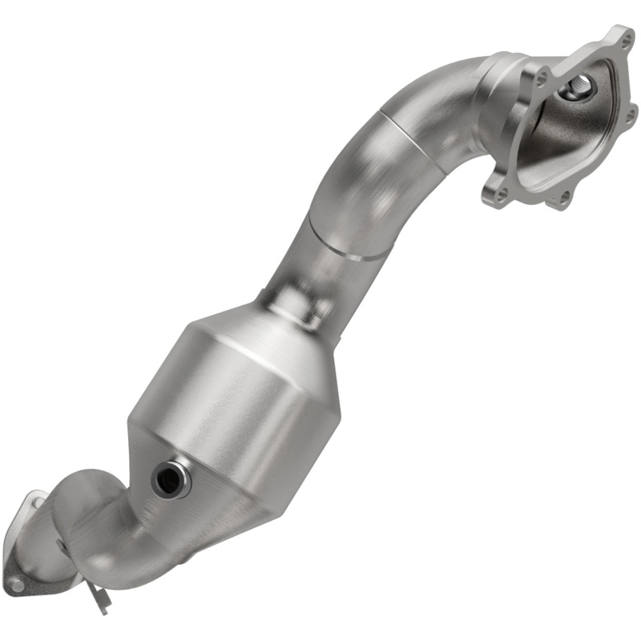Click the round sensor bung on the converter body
[170, 478]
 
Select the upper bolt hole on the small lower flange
[37, 502]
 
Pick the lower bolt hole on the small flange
[18, 586]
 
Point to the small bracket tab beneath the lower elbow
[99, 599]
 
